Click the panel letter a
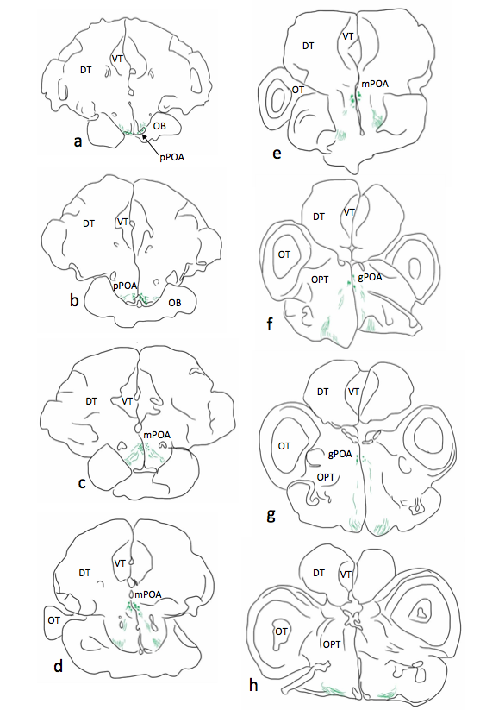[78, 141]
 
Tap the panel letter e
[277, 154]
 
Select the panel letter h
[253, 685]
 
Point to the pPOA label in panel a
[171, 158]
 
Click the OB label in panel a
[159, 126]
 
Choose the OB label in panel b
[175, 302]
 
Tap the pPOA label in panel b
[125, 286]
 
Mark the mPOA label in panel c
[157, 435]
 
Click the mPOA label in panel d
[148, 594]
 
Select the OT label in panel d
[53, 620]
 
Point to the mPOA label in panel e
[375, 84]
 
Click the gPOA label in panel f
[370, 278]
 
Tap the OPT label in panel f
[320, 280]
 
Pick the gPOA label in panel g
[340, 454]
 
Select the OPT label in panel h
[332, 644]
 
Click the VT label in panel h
[346, 575]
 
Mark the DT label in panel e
[309, 46]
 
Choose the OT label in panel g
[284, 446]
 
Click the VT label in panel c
[128, 401]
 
